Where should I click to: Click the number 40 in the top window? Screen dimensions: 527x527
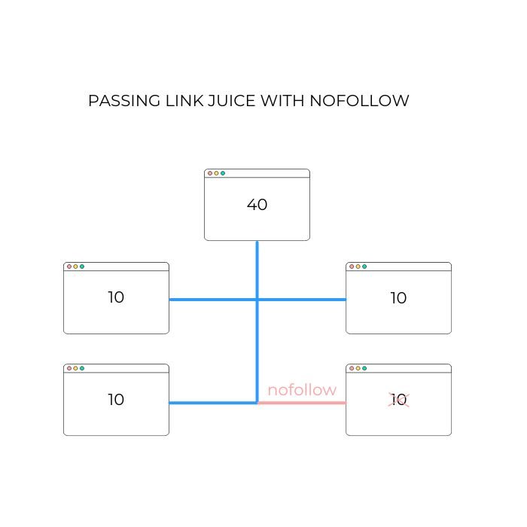[x=257, y=204]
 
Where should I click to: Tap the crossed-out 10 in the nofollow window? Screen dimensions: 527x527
[x=398, y=400]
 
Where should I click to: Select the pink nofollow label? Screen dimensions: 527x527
[x=302, y=390]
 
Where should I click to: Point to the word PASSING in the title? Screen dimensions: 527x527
[x=124, y=101]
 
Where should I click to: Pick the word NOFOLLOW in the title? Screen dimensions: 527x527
[x=359, y=101]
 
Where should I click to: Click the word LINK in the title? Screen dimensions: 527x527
[x=184, y=101]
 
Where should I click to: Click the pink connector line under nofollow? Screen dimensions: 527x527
[x=302, y=402]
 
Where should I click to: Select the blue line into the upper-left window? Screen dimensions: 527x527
[x=212, y=300]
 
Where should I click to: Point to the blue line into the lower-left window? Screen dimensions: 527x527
[x=212, y=403]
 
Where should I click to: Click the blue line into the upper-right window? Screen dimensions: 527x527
[x=302, y=300]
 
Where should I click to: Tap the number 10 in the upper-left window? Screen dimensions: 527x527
[x=116, y=297]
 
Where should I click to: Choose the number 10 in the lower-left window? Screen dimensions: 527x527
[x=116, y=400]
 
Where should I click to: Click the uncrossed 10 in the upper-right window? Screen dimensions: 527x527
[x=398, y=298]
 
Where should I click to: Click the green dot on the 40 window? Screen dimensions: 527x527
[x=223, y=173]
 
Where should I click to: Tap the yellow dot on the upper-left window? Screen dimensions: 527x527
[x=75, y=267]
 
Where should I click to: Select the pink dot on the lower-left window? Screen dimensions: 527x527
[x=69, y=368]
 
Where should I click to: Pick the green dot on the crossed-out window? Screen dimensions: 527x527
[x=364, y=368]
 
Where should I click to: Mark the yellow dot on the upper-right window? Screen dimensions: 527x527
[x=358, y=267]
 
